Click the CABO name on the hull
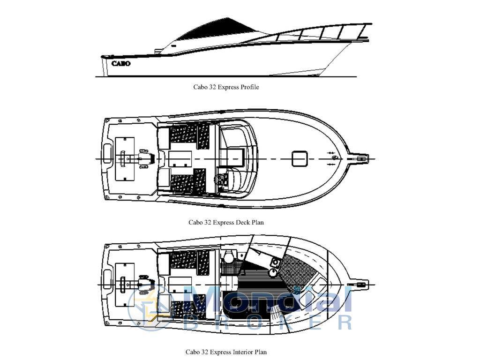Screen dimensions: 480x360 [121, 63]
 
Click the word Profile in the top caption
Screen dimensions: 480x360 [249, 87]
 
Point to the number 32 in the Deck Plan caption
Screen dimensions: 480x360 [208, 223]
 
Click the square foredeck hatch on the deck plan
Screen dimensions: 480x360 [300, 158]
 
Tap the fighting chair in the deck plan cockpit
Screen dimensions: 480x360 [144, 158]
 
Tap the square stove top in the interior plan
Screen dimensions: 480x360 [276, 262]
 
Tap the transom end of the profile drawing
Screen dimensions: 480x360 [104, 66]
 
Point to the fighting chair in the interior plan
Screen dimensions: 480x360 [143, 284]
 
